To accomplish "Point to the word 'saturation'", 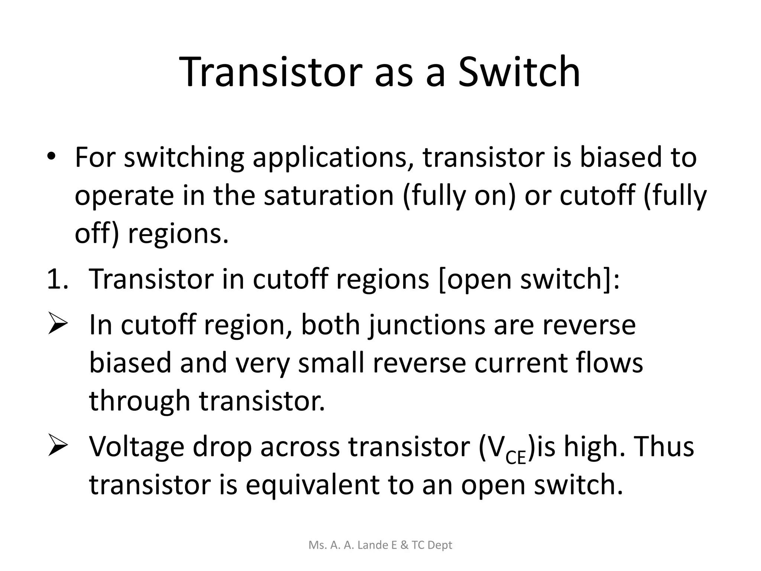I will pyautogui.click(x=328, y=196).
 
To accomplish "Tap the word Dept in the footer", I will pyautogui.click(x=440, y=545).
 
